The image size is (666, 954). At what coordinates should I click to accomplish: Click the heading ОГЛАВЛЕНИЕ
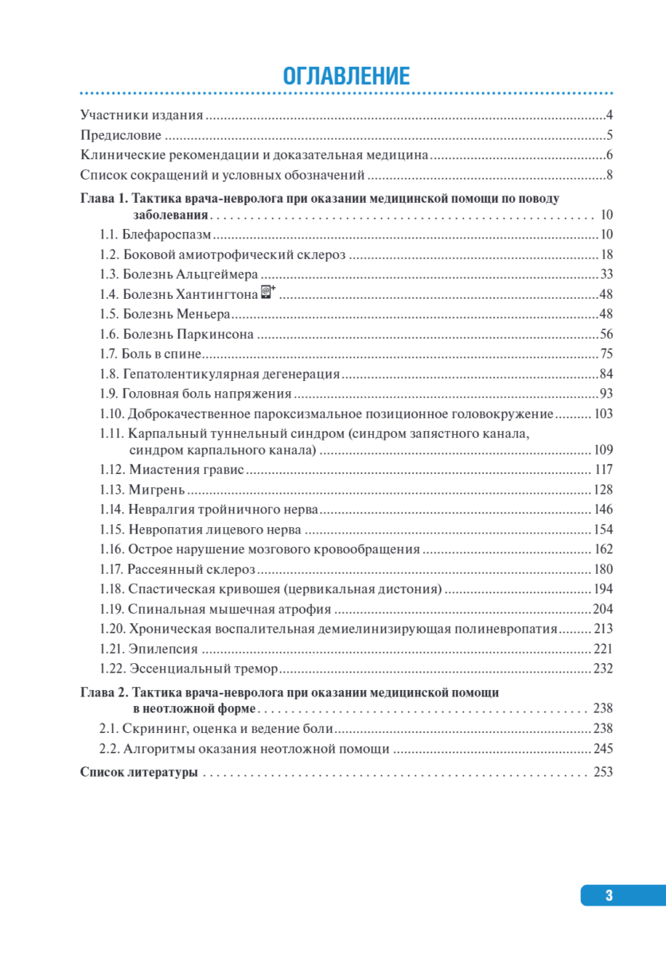[x=346, y=76]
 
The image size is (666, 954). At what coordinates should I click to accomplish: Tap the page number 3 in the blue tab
[x=610, y=895]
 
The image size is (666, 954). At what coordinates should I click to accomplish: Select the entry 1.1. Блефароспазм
[x=155, y=235]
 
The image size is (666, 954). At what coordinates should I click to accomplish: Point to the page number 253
[x=603, y=772]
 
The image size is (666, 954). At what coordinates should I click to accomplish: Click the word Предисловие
[x=122, y=135]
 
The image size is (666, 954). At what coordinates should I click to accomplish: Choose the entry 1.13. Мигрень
[x=142, y=489]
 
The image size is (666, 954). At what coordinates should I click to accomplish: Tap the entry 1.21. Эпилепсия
[x=148, y=648]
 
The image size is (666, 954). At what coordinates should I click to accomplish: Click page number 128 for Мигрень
[x=603, y=489]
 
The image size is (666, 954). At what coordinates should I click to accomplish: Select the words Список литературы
[x=138, y=772]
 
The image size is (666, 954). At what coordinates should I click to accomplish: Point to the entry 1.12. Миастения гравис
[x=172, y=469]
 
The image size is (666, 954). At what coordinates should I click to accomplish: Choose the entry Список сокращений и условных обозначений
[x=223, y=175]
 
